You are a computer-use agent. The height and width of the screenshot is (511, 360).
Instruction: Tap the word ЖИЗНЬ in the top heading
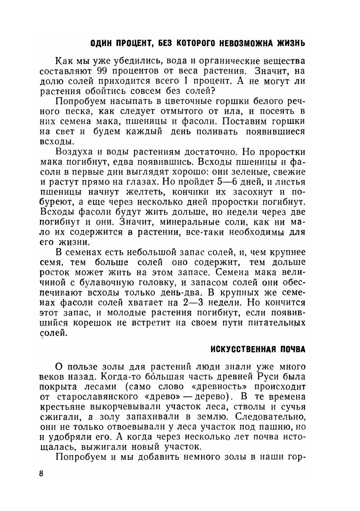click(x=291, y=44)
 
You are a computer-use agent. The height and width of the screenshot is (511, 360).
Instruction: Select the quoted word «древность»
click(x=216, y=387)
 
